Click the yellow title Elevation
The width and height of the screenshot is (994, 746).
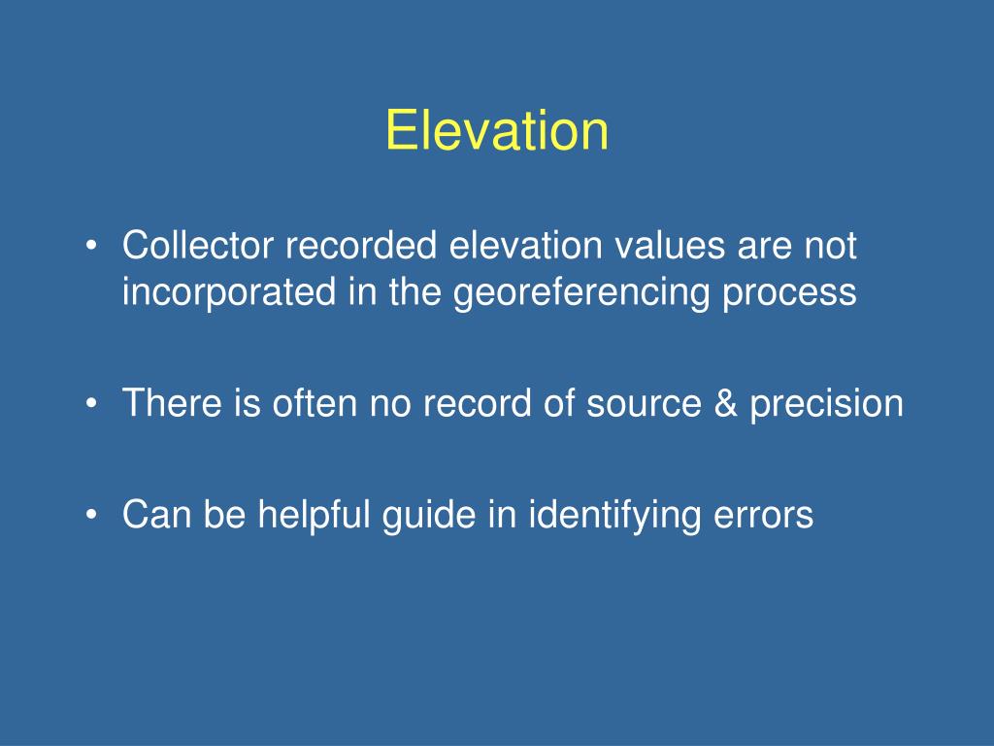pyautogui.click(x=497, y=130)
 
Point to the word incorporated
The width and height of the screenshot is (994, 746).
pyautogui.click(x=229, y=291)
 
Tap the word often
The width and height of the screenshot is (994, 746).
pyautogui.click(x=315, y=403)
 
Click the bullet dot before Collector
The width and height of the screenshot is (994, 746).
pyautogui.click(x=92, y=246)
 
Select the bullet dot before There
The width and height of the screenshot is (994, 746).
pyautogui.click(x=92, y=403)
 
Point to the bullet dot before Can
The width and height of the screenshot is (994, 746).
pyautogui.click(x=92, y=515)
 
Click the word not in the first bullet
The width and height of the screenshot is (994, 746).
pyautogui.click(x=831, y=246)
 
